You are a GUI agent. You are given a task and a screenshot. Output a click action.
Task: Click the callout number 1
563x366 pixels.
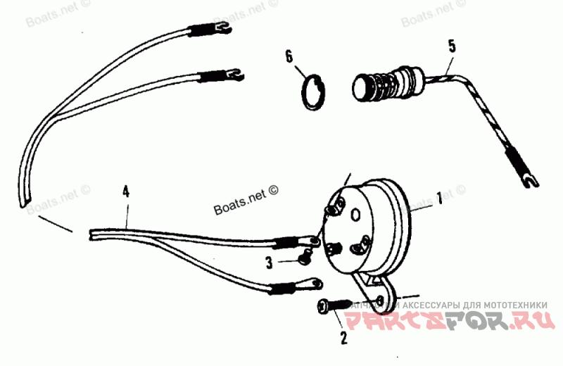point(439,199)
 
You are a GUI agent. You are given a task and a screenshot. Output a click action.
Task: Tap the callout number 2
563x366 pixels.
point(343,338)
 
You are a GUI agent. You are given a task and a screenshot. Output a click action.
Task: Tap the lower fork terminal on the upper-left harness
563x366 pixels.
point(233,70)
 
